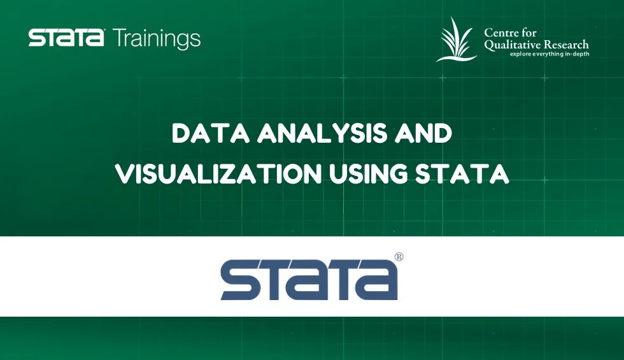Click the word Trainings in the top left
pos(157,39)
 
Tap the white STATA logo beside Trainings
pos(66,38)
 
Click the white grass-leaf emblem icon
pos(457,40)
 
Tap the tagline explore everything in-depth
pos(550,54)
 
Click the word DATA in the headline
pos(211,133)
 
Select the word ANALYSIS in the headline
pos(322,133)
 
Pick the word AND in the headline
pos(423,133)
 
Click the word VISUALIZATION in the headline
pos(218,173)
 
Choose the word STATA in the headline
pos(462,173)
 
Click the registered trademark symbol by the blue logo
pos(399,257)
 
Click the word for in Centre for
pos(528,32)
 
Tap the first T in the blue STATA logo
pos(281,280)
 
